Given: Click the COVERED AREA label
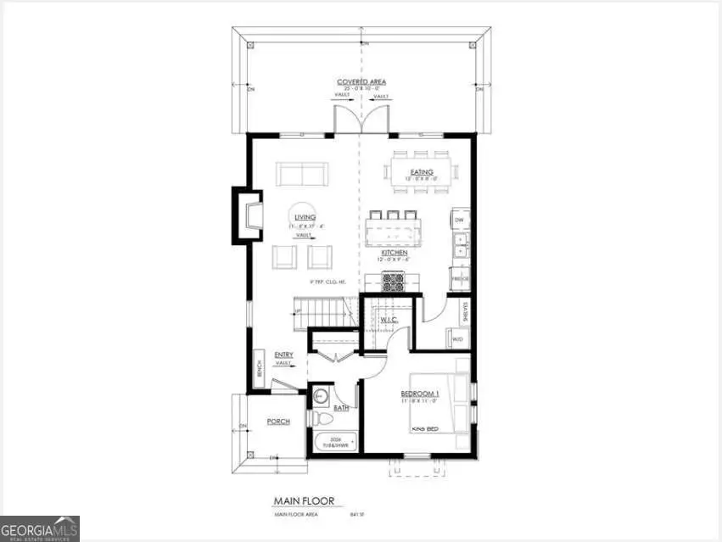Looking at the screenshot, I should pos(361,82).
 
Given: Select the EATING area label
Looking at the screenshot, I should pos(422,172).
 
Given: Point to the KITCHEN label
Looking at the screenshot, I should pos(395,253).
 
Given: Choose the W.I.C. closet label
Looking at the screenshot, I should pos(389,320).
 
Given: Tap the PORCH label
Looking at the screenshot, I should pos(278,422).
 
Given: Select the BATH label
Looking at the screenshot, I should pos(341,408).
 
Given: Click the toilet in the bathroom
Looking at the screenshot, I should pos(322,416).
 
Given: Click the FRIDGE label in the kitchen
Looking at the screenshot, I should pos(460,278).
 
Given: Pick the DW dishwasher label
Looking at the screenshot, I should pos(459,220).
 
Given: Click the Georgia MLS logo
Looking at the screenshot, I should pos(40,528).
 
